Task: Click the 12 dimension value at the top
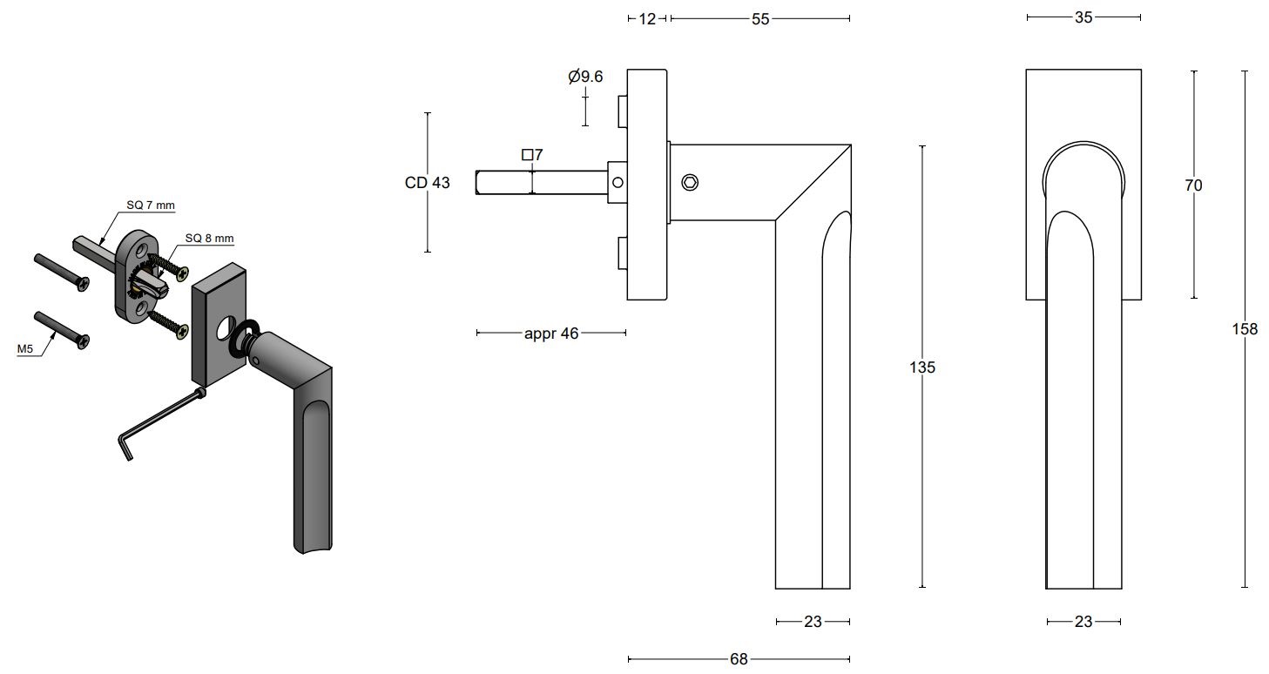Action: [646, 18]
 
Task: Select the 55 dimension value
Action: [760, 18]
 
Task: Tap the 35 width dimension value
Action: [1083, 17]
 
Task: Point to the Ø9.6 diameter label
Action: [585, 77]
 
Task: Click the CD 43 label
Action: [428, 183]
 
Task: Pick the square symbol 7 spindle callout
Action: [532, 155]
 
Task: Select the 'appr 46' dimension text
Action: [551, 333]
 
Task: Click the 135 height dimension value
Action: [921, 367]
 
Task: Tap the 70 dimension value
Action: [1193, 185]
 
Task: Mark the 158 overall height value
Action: [1245, 329]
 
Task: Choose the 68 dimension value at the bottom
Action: [739, 659]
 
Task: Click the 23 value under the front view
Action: [1083, 622]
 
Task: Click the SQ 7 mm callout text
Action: [150, 206]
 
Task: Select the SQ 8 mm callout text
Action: [209, 238]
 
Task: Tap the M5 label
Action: [26, 349]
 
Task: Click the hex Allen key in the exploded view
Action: [157, 420]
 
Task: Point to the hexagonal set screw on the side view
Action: [689, 182]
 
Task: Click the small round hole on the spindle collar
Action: [618, 183]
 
